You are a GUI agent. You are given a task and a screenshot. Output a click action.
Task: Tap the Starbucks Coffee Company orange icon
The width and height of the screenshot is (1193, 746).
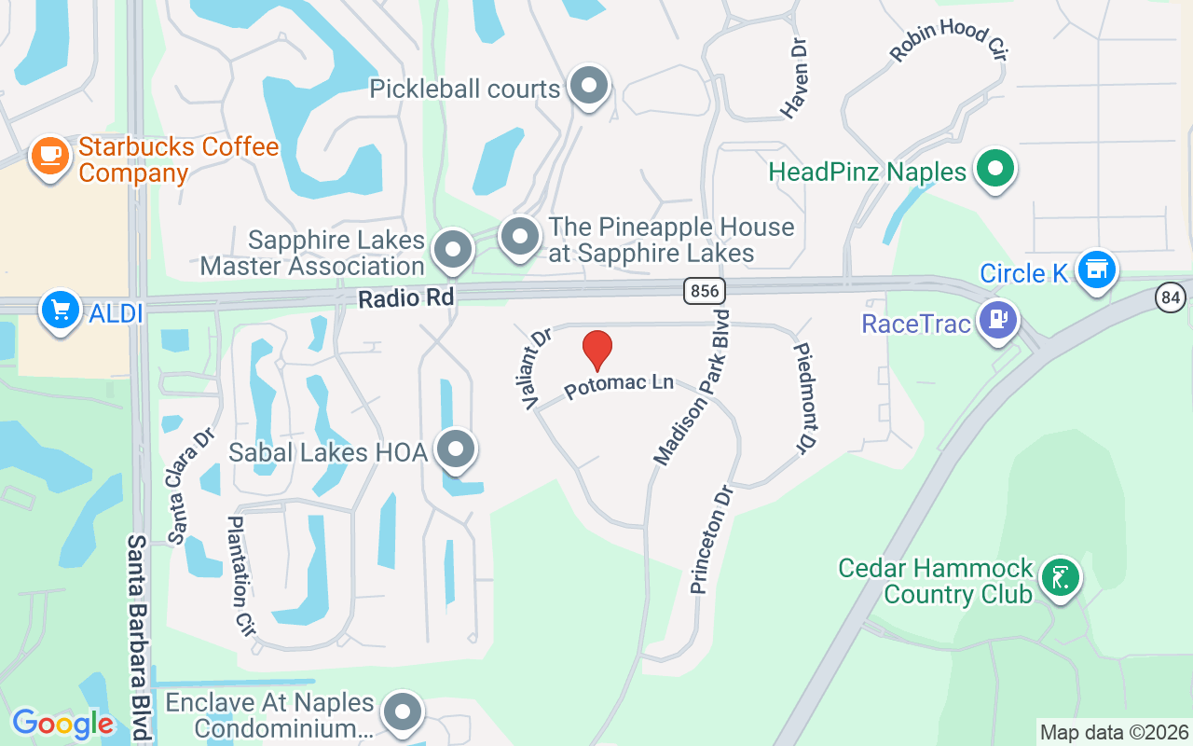pyautogui.click(x=50, y=156)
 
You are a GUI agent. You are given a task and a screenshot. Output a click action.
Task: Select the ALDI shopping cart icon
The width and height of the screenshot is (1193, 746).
pyautogui.click(x=61, y=309)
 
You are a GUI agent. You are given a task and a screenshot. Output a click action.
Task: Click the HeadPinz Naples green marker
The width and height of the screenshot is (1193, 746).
pyautogui.click(x=995, y=170)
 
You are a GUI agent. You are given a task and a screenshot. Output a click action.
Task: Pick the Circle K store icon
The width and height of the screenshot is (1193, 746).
pyautogui.click(x=1097, y=269)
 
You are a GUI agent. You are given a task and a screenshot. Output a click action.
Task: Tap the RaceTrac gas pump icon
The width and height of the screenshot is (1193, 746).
pyautogui.click(x=998, y=320)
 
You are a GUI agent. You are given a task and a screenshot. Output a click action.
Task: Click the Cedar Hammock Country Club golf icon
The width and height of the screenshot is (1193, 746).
pyautogui.click(x=1060, y=578)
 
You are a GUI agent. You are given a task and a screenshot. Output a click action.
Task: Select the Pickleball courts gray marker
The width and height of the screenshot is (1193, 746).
pyautogui.click(x=588, y=87)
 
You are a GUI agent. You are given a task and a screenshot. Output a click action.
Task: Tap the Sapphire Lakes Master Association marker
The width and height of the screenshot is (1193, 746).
pyautogui.click(x=454, y=250)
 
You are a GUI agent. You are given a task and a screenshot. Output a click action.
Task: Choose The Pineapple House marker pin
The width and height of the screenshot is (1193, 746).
pyautogui.click(x=520, y=236)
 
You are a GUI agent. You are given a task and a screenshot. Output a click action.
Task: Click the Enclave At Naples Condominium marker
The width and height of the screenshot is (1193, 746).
pyautogui.click(x=403, y=712)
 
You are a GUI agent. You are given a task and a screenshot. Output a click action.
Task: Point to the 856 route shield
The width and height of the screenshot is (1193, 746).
pyautogui.click(x=704, y=291)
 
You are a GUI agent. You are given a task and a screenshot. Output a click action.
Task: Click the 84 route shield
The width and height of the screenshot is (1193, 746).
pyautogui.click(x=1172, y=297)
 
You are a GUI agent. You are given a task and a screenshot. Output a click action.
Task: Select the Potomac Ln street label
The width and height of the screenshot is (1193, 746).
pyautogui.click(x=619, y=384)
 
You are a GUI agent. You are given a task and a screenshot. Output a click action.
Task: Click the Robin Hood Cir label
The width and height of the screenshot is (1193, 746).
pyautogui.click(x=950, y=41)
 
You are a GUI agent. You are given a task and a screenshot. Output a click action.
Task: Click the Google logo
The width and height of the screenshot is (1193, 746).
pyautogui.click(x=62, y=724)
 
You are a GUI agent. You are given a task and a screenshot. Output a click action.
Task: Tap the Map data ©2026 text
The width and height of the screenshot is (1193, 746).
pyautogui.click(x=1114, y=733)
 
